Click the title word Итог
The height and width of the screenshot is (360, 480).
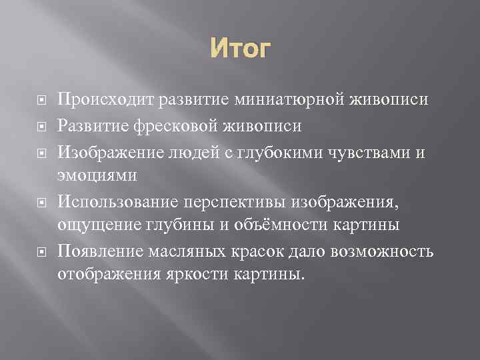[240, 49]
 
